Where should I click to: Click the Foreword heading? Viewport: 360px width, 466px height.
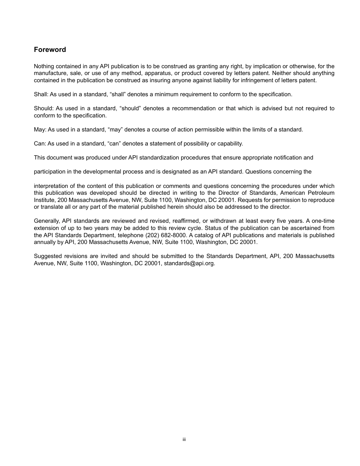[x=50, y=50]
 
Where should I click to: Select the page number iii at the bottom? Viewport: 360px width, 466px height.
[x=184, y=439]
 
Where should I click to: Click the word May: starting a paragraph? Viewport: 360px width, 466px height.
[x=40, y=130]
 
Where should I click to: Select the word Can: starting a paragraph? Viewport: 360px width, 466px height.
[x=40, y=144]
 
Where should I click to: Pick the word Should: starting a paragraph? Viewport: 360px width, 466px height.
[x=43, y=108]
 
